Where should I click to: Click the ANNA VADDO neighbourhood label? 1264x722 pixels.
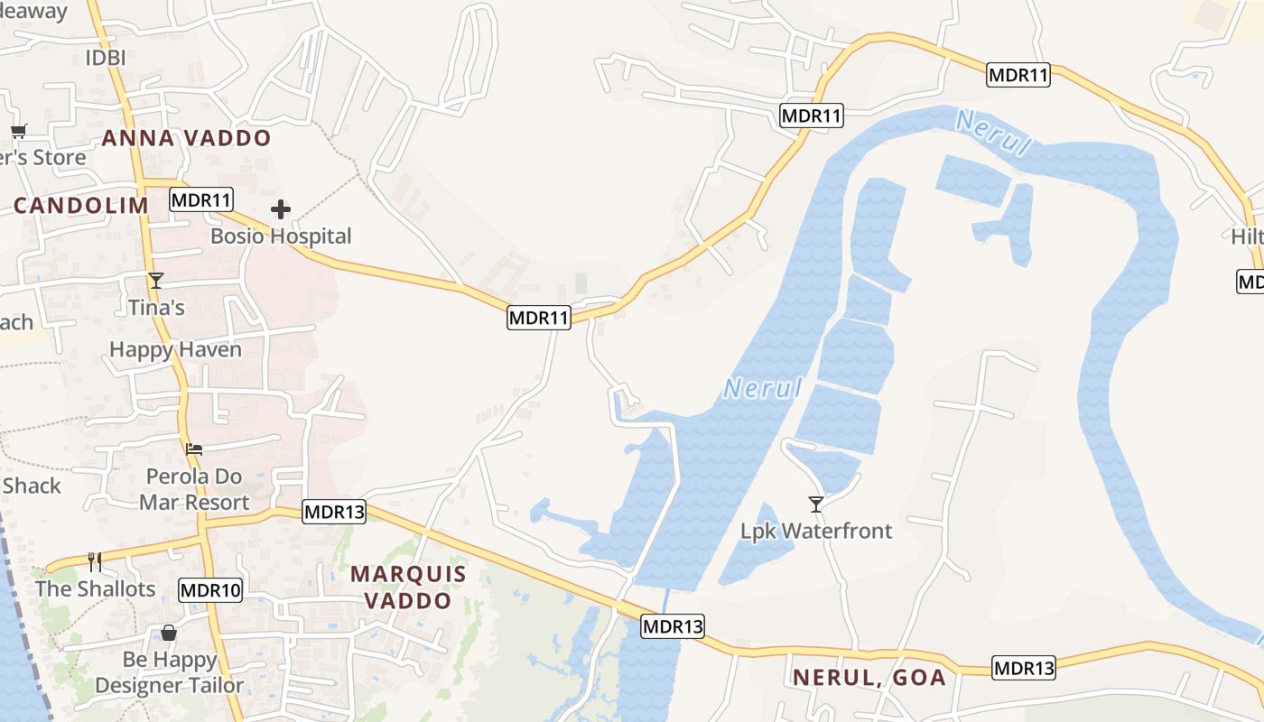point(186,138)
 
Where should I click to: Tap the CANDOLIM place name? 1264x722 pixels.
point(80,205)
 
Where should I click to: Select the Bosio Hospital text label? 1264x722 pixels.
point(281,236)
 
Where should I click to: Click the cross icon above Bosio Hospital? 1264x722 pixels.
point(281,210)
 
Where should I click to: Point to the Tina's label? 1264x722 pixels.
point(156,308)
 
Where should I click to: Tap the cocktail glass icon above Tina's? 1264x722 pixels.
point(156,281)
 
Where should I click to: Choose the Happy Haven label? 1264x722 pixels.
point(176,349)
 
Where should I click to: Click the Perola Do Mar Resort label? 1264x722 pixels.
point(194,489)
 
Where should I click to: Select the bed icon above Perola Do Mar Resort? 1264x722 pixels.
point(194,449)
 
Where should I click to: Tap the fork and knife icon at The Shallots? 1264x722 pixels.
point(95,562)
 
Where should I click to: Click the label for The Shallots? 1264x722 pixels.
point(96,589)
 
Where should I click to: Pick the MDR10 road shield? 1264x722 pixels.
point(210,591)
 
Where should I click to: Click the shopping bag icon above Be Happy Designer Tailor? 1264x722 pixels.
point(169,633)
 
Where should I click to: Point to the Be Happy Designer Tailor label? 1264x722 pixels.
point(169,672)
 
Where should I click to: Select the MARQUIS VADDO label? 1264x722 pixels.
point(408,587)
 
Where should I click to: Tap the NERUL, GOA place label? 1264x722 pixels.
point(869,677)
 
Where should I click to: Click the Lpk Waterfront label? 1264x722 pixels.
point(816,531)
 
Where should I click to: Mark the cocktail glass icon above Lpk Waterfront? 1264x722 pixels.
point(816,504)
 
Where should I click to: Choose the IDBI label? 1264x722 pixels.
point(105,58)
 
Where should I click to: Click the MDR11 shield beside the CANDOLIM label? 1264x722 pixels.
point(201,199)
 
